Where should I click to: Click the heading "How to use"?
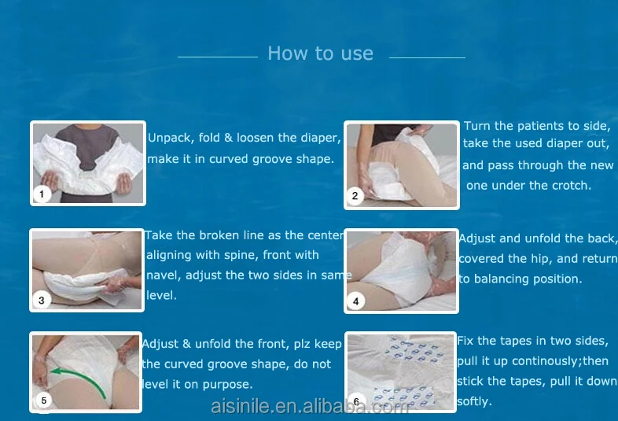pyautogui.click(x=321, y=54)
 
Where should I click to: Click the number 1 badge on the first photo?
pyautogui.click(x=42, y=194)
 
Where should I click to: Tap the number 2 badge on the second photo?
pyautogui.click(x=355, y=195)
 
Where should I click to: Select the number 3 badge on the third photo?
pyautogui.click(x=42, y=301)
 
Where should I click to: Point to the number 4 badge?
pyautogui.click(x=355, y=302)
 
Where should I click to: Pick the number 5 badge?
pyautogui.click(x=44, y=401)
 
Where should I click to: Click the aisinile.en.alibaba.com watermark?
pyautogui.click(x=310, y=406)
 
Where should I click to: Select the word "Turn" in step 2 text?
pyautogui.click(x=477, y=126)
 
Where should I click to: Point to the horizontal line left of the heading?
pyautogui.click(x=218, y=57)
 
